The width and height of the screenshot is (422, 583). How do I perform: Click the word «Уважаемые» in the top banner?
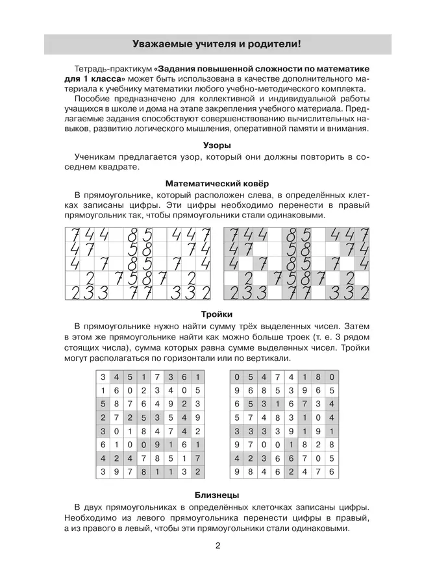coord(160,45)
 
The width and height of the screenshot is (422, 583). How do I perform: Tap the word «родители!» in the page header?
coord(275,45)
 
